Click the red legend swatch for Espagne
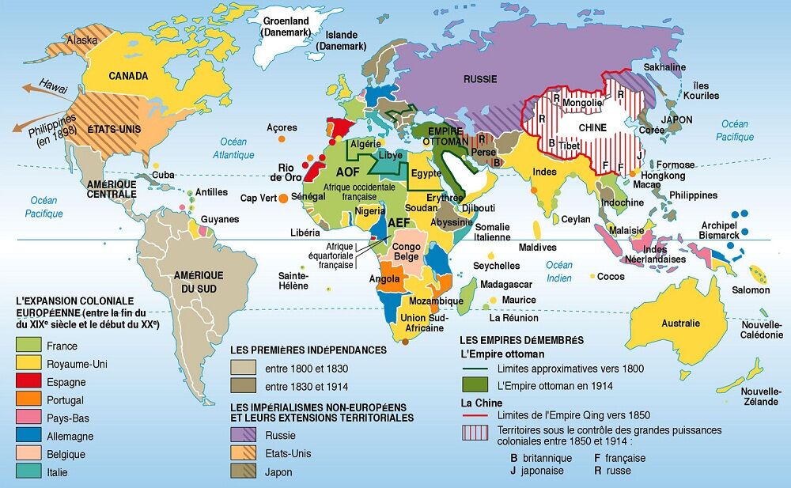point(28,382)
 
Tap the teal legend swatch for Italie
point(28,472)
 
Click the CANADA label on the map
point(129,77)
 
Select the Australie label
point(681,323)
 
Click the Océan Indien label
point(558,270)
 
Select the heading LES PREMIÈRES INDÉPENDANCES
point(308,350)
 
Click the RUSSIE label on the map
point(480,80)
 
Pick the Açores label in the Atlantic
point(282,127)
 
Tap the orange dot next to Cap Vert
point(282,198)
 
